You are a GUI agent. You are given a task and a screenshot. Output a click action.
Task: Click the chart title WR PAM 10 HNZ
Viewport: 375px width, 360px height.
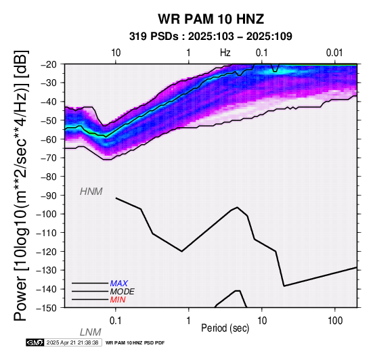pos(211,19)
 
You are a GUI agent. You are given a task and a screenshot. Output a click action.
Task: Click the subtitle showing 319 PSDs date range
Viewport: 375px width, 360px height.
pos(211,37)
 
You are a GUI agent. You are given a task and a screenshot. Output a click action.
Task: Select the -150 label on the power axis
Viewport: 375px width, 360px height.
pos(47,308)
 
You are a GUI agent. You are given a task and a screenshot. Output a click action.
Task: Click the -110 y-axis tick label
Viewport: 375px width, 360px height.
pos(47,233)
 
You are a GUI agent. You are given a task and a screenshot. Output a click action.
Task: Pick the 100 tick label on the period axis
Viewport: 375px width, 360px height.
pos(335,321)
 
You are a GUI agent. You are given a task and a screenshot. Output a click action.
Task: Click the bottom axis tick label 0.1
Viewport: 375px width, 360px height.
pos(116,321)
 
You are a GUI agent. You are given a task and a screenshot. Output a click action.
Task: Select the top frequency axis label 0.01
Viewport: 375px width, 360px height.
pos(334,53)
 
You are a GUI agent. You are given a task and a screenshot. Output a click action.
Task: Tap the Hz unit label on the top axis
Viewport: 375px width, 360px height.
pos(225,53)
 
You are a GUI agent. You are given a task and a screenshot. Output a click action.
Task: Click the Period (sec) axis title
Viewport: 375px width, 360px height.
pos(225,328)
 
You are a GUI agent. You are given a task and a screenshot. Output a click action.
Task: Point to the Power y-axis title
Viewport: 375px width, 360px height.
pos(21,185)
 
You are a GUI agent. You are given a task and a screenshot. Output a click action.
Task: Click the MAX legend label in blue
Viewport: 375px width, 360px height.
pos(119,284)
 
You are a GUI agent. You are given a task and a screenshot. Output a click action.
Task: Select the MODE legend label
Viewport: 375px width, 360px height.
pos(123,292)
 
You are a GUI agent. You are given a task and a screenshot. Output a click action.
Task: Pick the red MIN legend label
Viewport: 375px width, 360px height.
pos(118,300)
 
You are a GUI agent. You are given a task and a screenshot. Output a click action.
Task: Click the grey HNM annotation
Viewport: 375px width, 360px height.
pos(91,192)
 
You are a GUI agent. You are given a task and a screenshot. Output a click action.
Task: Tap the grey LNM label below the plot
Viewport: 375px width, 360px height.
pos(91,332)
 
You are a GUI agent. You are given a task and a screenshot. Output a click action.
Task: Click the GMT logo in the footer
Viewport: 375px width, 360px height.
pos(35,343)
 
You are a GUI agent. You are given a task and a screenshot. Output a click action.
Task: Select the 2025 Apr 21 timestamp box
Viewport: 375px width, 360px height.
pos(73,343)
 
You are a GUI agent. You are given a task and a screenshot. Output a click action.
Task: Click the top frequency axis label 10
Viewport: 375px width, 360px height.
pos(116,53)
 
